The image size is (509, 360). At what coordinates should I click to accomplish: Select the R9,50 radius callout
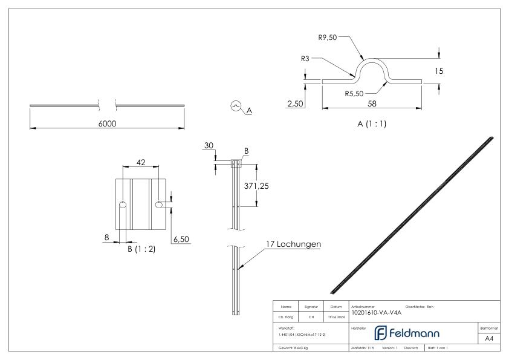coord(328,38)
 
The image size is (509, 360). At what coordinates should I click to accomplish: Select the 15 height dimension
coord(439,71)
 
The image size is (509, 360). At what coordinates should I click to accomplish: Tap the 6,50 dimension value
coord(181,240)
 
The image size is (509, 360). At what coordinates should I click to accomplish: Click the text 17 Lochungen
coord(293,244)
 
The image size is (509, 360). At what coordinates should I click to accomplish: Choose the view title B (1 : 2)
coord(140,249)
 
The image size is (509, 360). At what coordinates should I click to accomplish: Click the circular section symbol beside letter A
coord(235,106)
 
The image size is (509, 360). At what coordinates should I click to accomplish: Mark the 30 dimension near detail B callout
coord(209,146)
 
